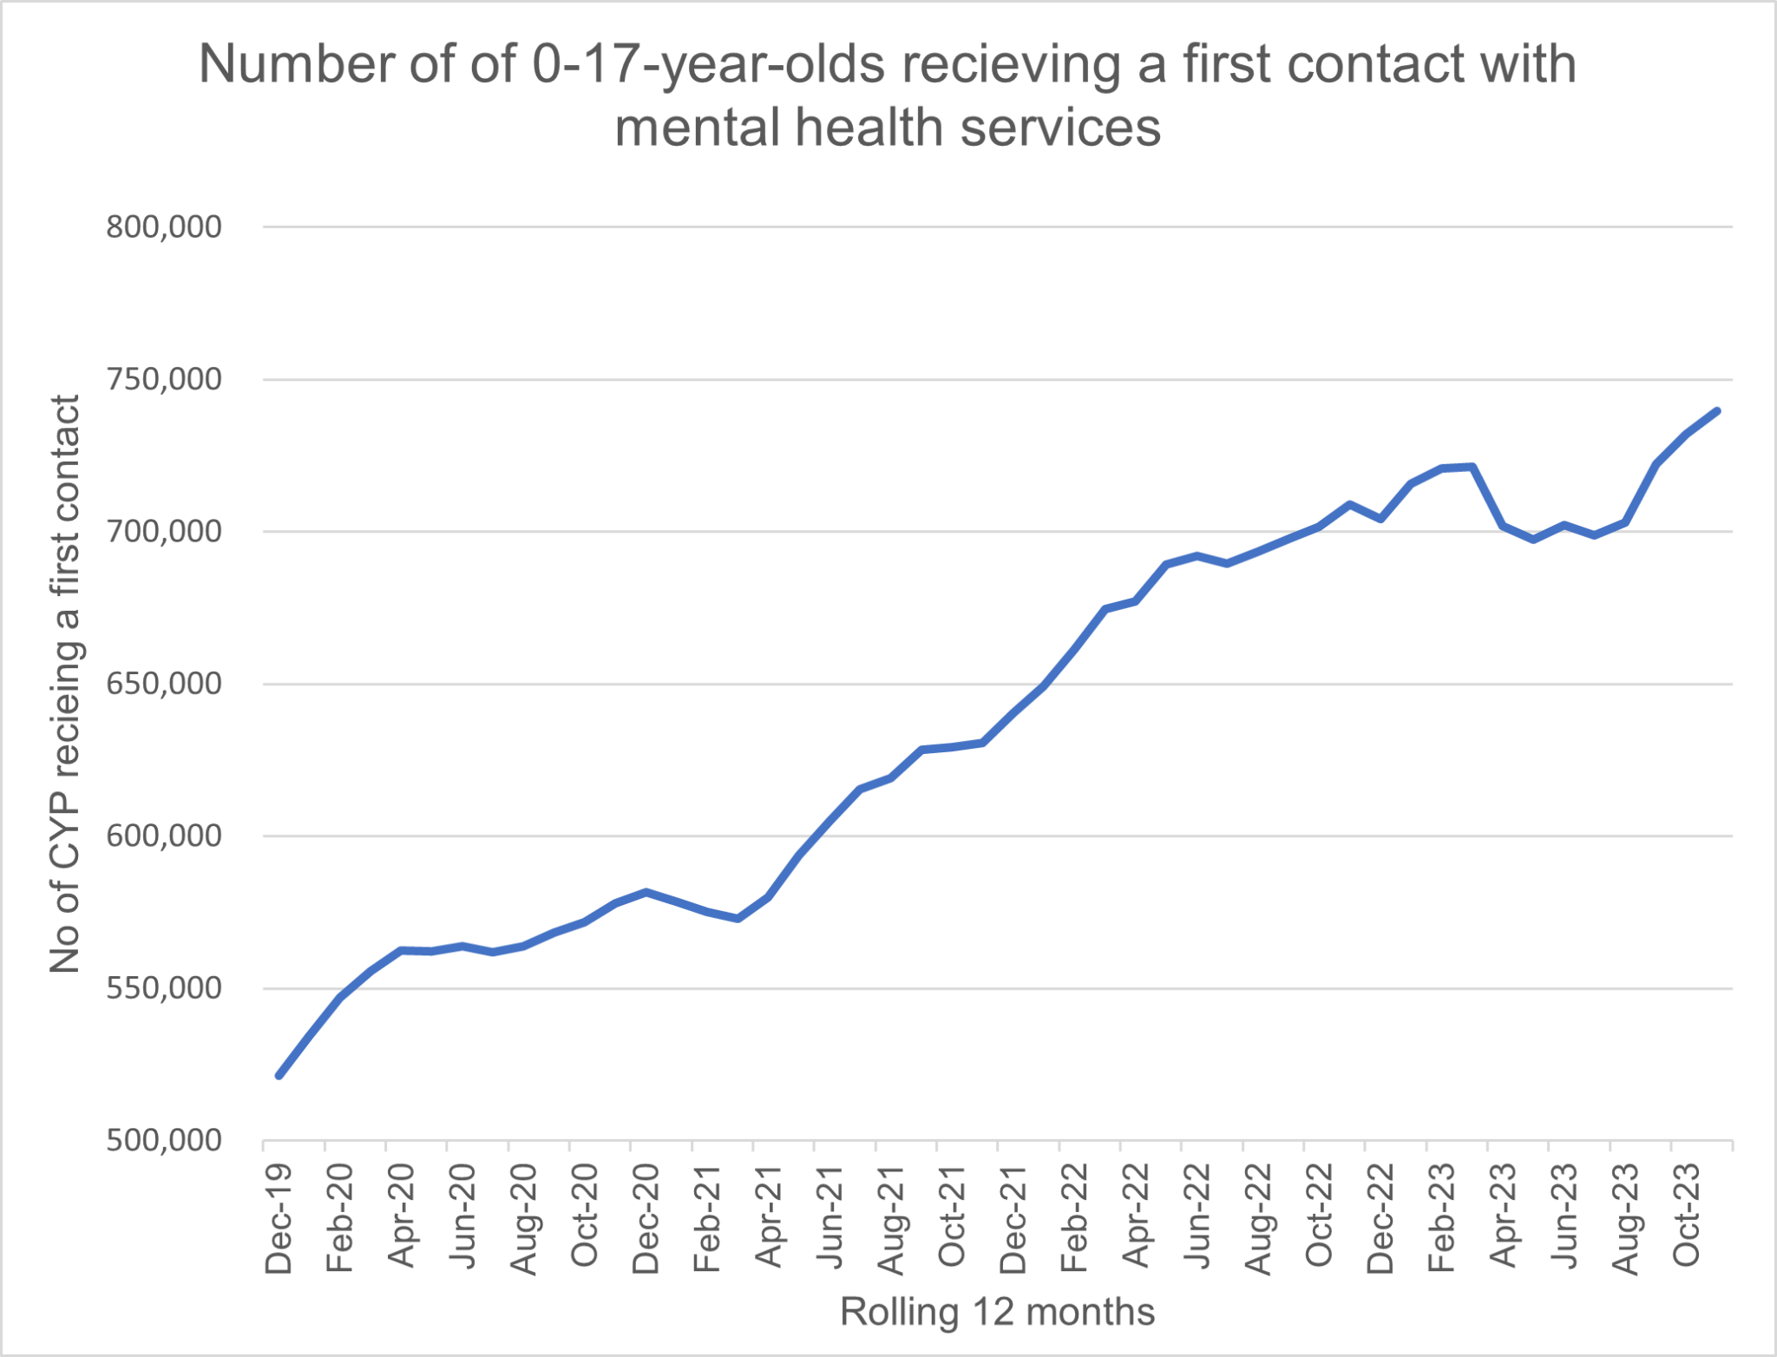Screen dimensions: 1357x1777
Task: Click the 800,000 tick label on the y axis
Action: tap(164, 227)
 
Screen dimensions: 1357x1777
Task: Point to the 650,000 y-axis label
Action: tap(164, 684)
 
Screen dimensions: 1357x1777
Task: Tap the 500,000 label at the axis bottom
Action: tap(164, 1140)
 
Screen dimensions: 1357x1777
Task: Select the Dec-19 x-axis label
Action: tap(279, 1219)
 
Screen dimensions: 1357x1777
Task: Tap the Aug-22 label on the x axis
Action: tap(1258, 1219)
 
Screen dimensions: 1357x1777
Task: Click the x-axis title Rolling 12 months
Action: tap(997, 1312)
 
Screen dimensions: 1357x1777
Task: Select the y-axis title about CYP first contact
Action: tap(65, 684)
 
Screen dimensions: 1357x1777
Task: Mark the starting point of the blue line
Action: tap(279, 1076)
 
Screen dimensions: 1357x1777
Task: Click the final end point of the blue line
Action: tap(1717, 410)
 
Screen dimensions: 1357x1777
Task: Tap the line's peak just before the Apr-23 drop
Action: tap(1472, 467)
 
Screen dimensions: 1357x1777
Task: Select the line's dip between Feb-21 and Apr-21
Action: tap(738, 919)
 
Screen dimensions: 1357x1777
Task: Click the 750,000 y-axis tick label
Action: tap(164, 379)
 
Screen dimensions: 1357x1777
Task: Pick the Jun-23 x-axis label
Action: tap(1564, 1218)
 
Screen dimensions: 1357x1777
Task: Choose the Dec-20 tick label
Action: tap(646, 1218)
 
